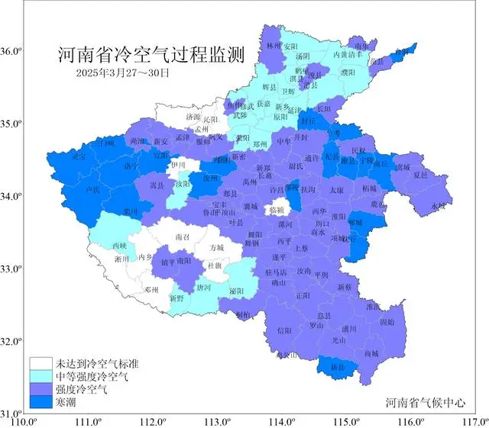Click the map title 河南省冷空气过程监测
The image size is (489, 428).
[151, 56]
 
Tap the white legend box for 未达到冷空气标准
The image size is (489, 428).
[41, 363]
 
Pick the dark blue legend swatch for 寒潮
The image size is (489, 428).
[41, 401]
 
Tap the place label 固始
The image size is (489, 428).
[387, 322]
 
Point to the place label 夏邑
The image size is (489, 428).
[420, 175]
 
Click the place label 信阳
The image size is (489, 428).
[284, 330]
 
